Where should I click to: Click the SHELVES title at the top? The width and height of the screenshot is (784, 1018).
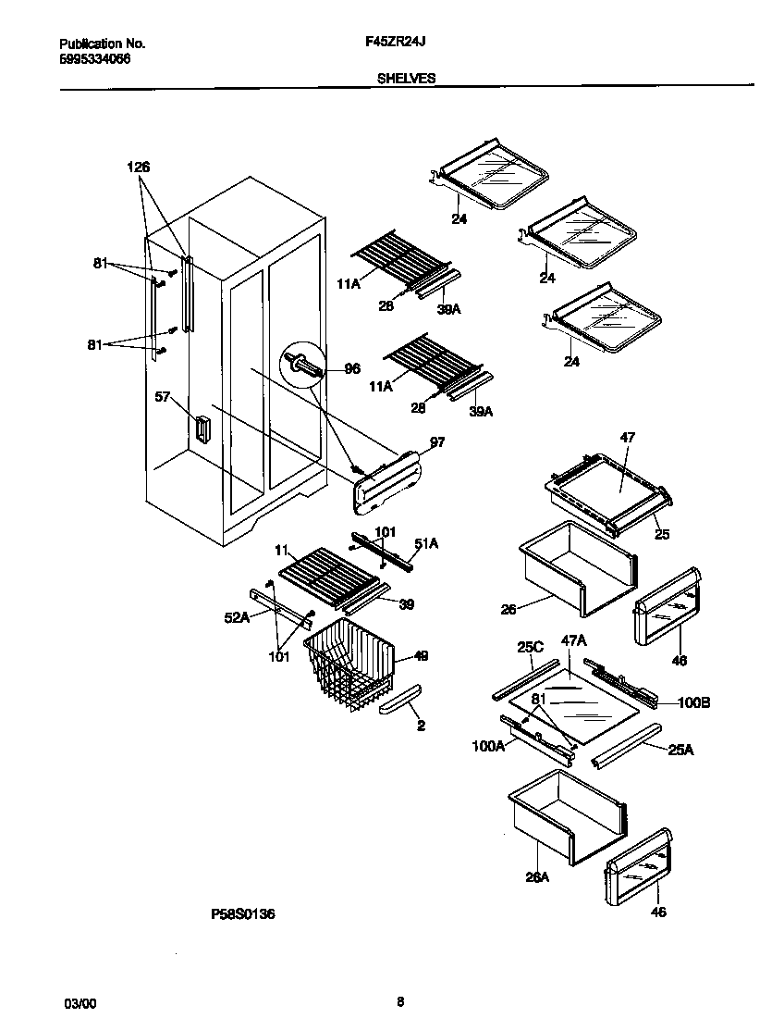(x=406, y=79)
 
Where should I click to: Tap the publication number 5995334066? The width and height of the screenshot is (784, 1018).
(x=95, y=57)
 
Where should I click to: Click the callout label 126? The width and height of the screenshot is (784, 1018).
(x=139, y=167)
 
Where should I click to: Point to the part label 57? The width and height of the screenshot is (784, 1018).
(x=163, y=397)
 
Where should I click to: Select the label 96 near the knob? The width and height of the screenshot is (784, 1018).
(x=351, y=367)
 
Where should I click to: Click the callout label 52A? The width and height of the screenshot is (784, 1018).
(x=237, y=619)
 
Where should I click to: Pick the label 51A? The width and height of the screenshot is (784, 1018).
(x=425, y=544)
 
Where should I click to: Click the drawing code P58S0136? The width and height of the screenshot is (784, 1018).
(x=243, y=913)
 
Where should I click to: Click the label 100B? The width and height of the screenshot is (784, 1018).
(x=693, y=703)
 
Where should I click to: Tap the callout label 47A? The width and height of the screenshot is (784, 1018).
(x=574, y=639)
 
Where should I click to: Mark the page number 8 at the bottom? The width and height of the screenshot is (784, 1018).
(x=399, y=1001)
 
